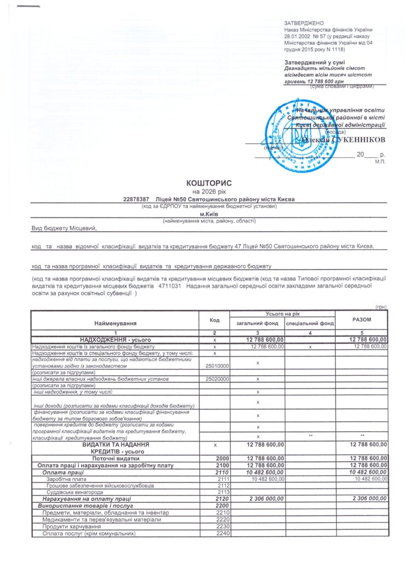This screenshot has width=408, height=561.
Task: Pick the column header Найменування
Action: (115, 324)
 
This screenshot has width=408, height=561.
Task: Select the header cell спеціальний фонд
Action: (309, 324)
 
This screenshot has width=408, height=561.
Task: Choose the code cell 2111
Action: (222, 479)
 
